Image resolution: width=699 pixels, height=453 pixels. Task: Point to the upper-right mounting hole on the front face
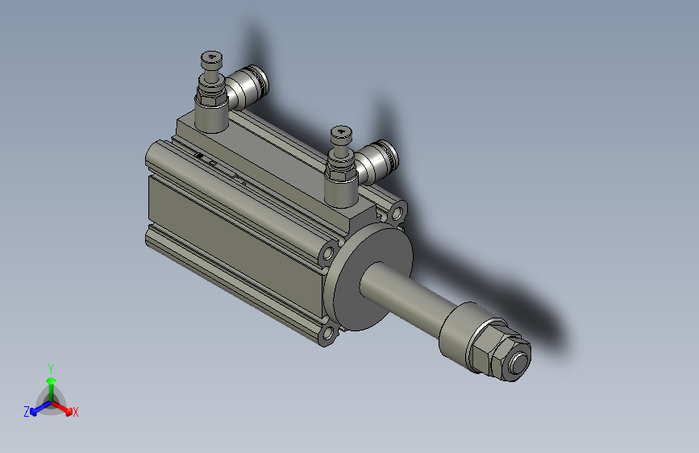[x=397, y=214]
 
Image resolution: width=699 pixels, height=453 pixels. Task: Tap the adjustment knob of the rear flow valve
[x=210, y=60]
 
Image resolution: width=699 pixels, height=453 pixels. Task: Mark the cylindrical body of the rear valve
[x=211, y=114]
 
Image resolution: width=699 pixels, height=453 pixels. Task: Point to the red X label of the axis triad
[x=76, y=412]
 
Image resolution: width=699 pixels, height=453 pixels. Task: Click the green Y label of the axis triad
[x=50, y=368]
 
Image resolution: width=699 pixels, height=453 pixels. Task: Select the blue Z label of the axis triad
[x=27, y=412]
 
